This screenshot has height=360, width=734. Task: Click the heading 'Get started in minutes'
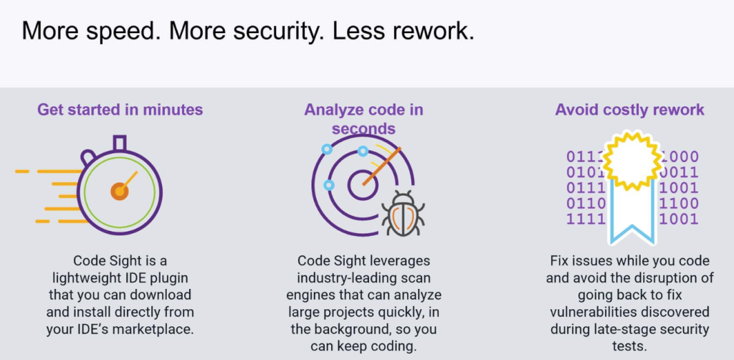coord(120,110)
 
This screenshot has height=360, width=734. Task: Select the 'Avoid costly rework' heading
coord(629,110)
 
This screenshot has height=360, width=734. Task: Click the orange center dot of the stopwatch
coord(119,191)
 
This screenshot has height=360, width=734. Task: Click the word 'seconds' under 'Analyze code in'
coord(363,128)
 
